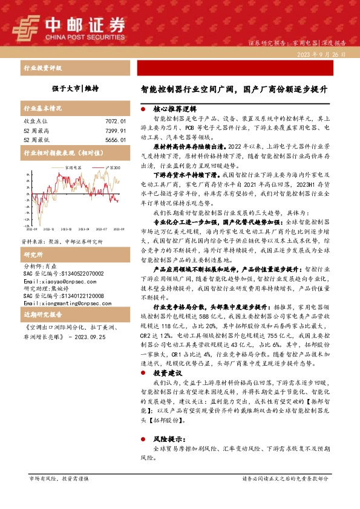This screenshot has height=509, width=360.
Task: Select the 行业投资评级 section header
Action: [42, 68]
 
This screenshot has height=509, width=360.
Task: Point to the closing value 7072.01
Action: [115, 122]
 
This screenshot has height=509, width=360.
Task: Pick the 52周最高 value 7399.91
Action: [115, 131]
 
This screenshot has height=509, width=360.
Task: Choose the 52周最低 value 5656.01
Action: [115, 140]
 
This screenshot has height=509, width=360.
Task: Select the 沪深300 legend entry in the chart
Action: [111, 167]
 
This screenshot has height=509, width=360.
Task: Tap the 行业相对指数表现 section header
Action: [58, 154]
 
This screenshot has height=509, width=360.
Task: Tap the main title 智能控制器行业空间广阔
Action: [234, 88]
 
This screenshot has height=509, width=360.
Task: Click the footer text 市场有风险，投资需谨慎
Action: [59, 479]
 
